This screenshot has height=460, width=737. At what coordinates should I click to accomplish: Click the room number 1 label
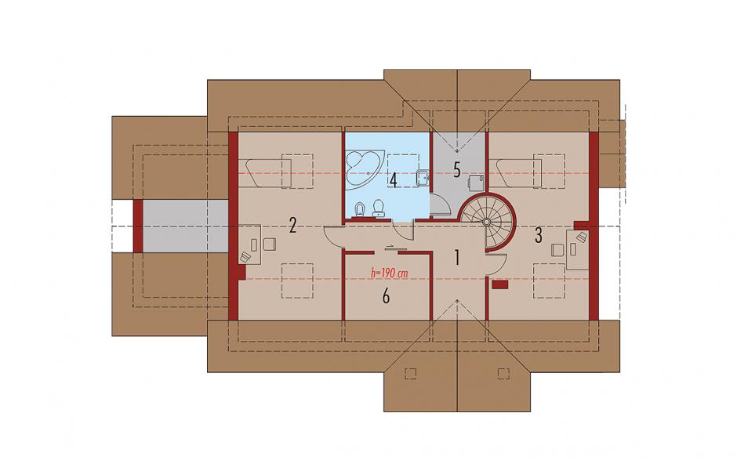(x=456, y=258)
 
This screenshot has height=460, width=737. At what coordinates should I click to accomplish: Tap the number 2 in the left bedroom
(x=292, y=226)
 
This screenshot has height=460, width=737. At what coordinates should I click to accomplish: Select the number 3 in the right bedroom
(x=539, y=235)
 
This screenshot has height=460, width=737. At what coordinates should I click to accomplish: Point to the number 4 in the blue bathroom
(x=393, y=180)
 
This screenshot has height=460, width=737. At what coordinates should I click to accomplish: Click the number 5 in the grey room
(x=456, y=169)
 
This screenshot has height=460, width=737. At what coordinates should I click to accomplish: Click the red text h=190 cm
(x=389, y=273)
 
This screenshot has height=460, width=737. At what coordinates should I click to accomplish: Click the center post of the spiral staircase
(x=487, y=221)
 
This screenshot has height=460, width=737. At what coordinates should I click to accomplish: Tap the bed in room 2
(x=267, y=173)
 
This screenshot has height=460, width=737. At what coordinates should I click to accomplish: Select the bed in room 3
(x=518, y=173)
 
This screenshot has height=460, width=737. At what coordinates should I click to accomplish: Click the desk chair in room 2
(x=269, y=244)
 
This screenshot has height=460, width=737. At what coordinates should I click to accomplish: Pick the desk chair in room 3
(x=557, y=249)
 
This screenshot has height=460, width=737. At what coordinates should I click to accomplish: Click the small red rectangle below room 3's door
(x=499, y=284)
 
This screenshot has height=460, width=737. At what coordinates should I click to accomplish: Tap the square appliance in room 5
(x=476, y=181)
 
